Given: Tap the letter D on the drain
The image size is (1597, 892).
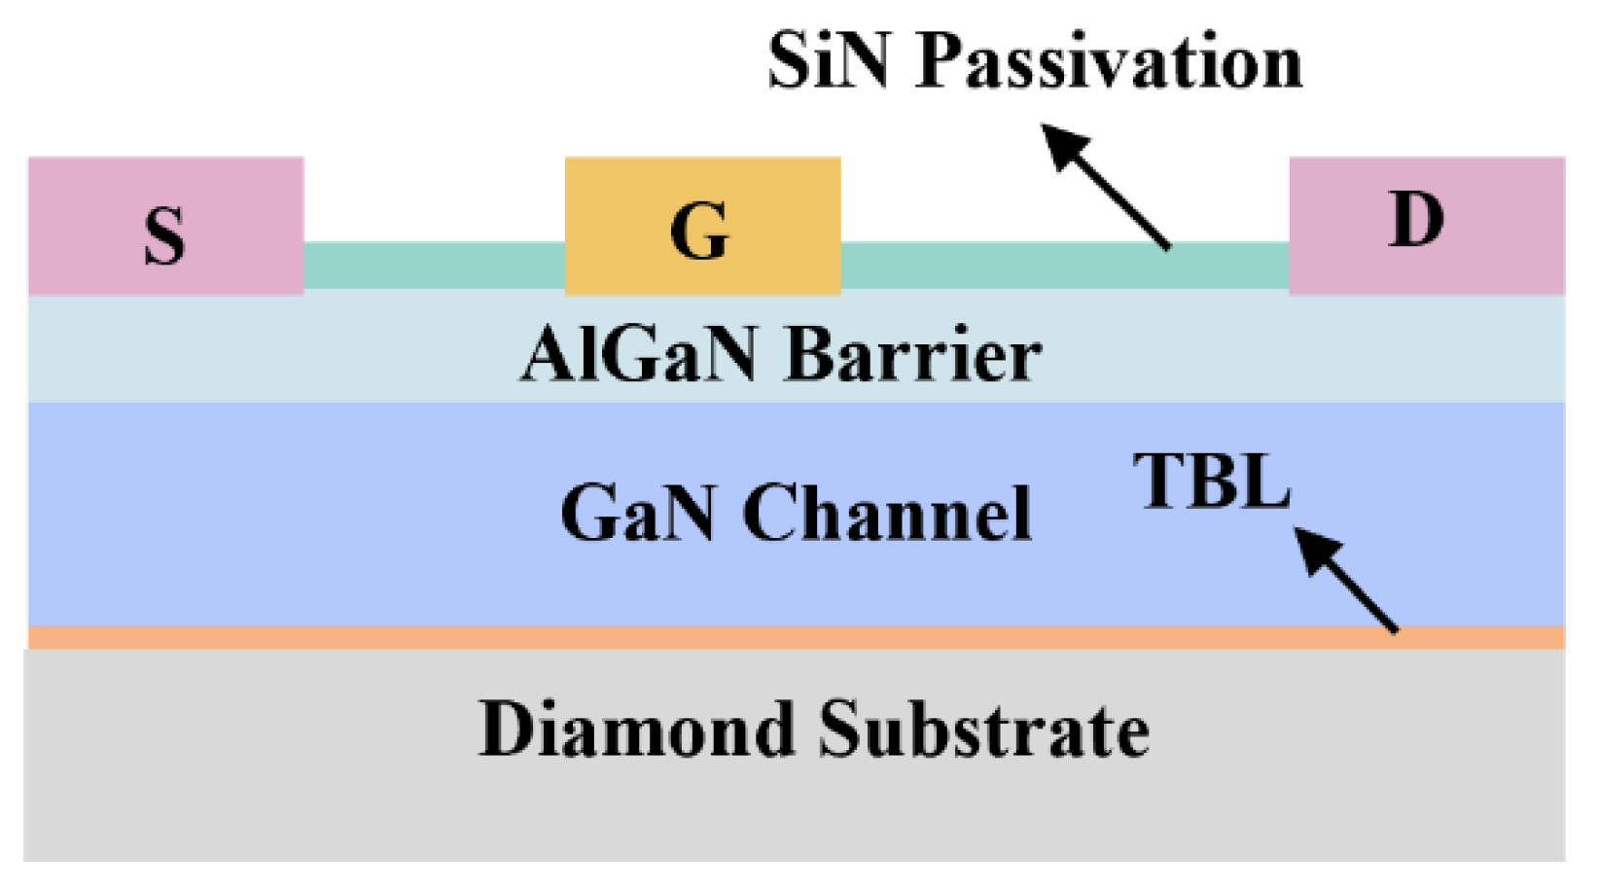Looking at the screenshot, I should point(1415,220).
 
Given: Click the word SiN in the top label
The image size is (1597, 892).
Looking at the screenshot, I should point(828,60).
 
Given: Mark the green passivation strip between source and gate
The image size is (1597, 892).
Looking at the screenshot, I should point(434,266).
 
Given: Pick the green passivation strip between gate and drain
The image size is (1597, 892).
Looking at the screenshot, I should point(973,266).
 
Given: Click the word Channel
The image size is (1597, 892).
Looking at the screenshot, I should point(886,513).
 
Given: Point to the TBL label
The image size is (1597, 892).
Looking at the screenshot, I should point(1211,482).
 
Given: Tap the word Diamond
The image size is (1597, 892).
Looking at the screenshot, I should point(636,730).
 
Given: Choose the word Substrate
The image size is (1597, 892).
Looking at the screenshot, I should point(983,730).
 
